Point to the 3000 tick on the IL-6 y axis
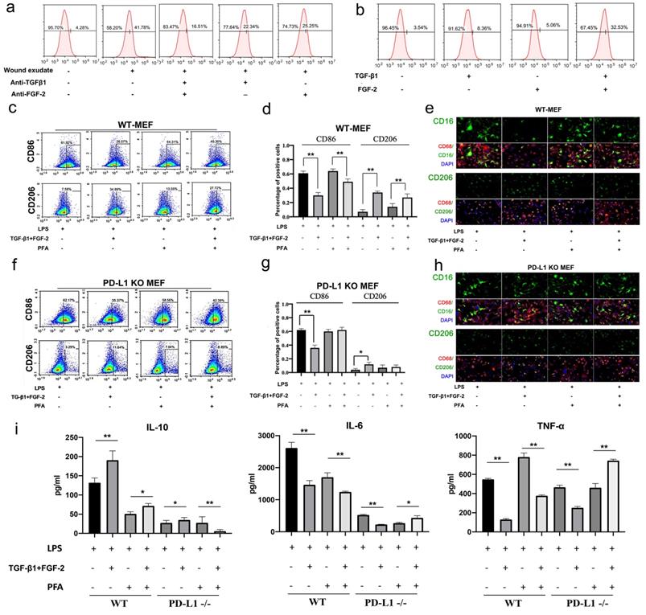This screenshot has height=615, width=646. [x=268, y=436]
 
